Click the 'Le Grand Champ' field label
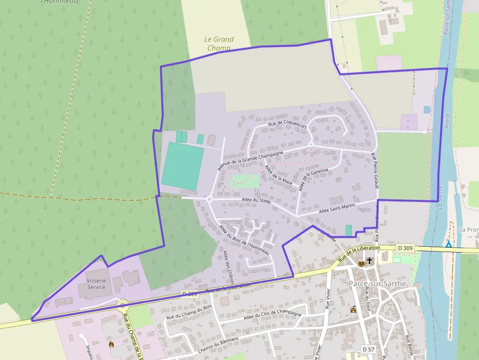(218, 43)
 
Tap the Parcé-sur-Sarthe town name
(377, 283)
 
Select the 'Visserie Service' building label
(96, 284)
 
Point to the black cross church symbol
(370, 261)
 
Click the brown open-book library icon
(361, 264)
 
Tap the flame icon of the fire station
(112, 344)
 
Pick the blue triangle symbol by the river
(448, 243)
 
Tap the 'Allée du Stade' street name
(256, 200)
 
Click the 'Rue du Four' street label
(368, 297)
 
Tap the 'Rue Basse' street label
(408, 344)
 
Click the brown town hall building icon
(353, 309)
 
